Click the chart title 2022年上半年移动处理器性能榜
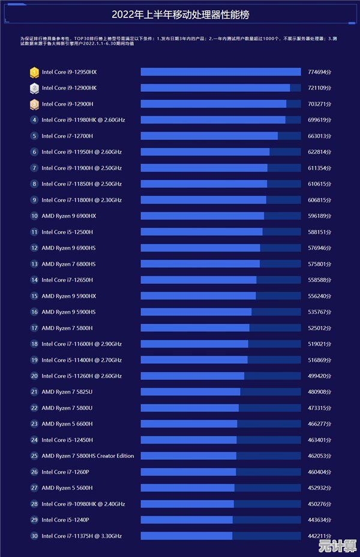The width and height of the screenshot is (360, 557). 180,14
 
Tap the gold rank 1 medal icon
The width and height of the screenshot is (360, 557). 34,72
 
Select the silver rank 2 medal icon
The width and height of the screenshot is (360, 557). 34,88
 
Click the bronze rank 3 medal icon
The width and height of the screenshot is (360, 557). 34,104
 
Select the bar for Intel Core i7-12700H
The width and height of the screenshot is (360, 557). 209,136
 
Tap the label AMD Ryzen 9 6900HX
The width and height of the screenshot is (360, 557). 68,215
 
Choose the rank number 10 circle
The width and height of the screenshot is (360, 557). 34,215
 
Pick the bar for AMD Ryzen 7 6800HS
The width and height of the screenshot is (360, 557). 200,263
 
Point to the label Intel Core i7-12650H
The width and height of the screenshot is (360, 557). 67,280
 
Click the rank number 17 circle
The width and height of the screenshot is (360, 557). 34,328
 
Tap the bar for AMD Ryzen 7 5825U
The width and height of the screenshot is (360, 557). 191,391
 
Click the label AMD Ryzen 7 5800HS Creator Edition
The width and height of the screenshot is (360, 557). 88,456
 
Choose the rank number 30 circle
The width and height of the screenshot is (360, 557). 34,535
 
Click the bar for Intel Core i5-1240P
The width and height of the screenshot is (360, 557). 187,519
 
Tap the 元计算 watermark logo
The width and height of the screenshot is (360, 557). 337,546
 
